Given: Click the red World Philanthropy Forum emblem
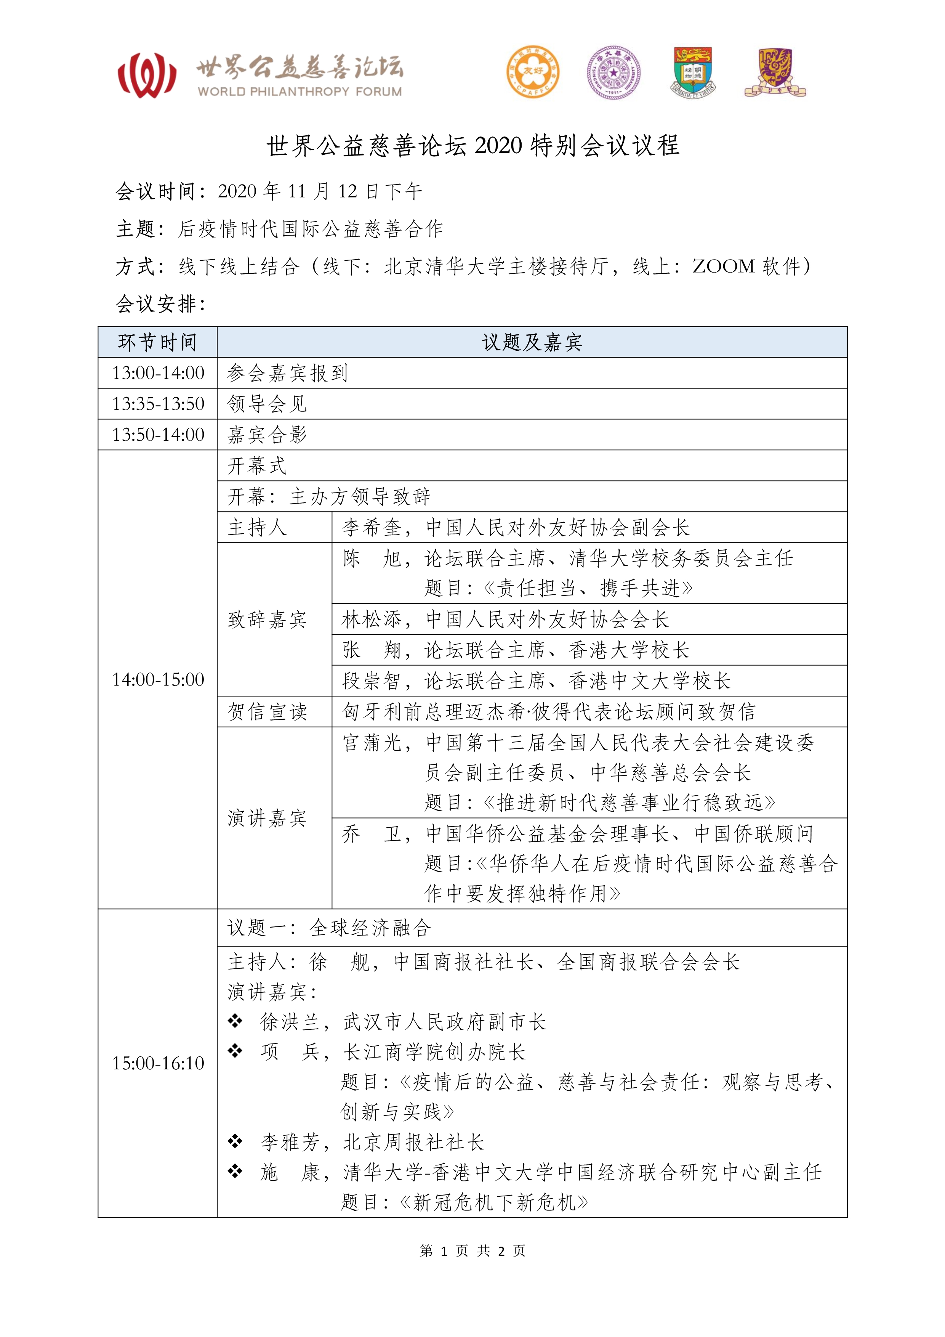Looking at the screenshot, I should click(147, 75).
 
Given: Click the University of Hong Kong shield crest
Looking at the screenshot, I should click(694, 72).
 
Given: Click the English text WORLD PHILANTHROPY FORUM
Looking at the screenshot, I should click(300, 92).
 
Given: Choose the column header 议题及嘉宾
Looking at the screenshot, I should click(532, 342).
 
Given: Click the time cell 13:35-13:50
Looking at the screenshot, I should click(158, 404).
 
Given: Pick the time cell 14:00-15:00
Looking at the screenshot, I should click(158, 679).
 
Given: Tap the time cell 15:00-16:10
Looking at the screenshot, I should click(158, 1063).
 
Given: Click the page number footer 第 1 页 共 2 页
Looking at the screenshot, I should click(472, 1250).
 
